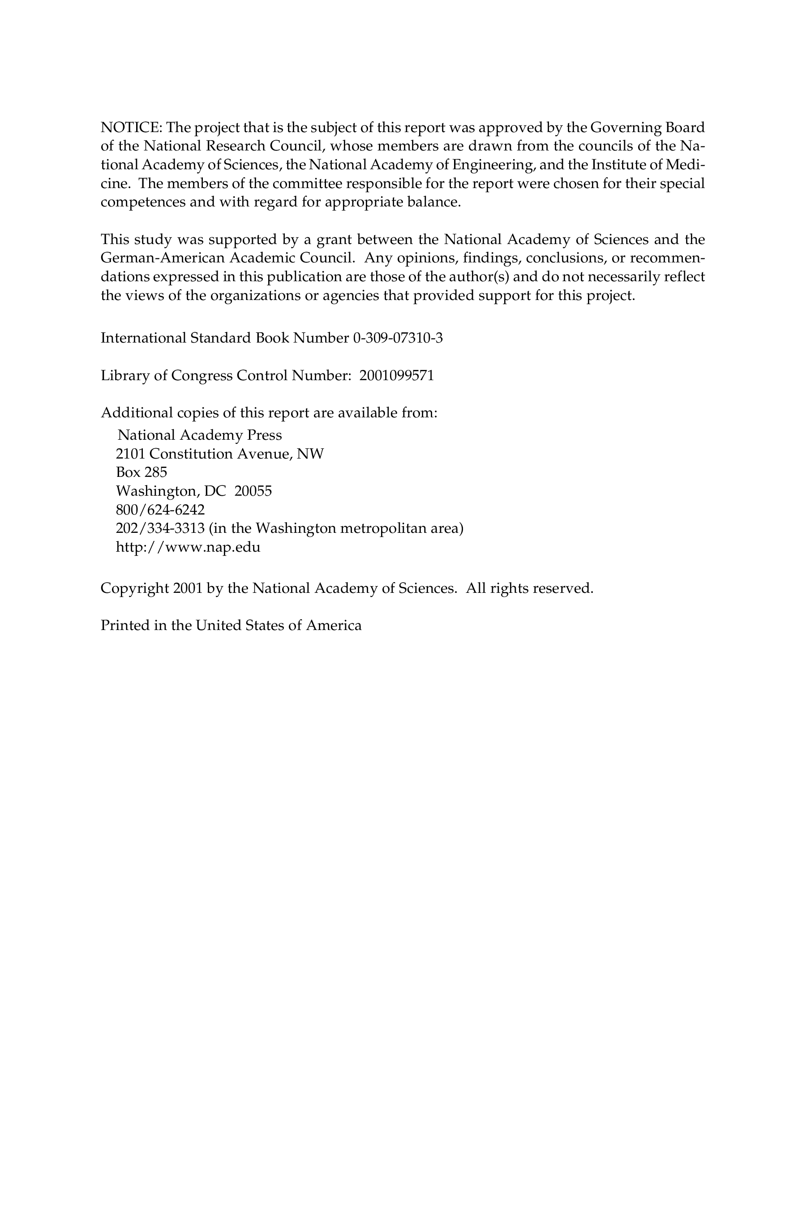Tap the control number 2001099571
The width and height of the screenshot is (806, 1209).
[x=397, y=376]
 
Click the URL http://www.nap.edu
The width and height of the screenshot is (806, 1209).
[x=188, y=547]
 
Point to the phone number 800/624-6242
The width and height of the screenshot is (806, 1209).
[x=160, y=510]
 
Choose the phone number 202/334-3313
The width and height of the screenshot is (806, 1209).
[x=160, y=528]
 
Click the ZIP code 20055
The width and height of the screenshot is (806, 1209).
[x=253, y=491]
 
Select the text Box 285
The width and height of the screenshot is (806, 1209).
[x=141, y=472]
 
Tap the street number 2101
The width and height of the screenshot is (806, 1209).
[x=131, y=454]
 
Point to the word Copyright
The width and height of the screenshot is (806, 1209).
[x=135, y=588]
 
